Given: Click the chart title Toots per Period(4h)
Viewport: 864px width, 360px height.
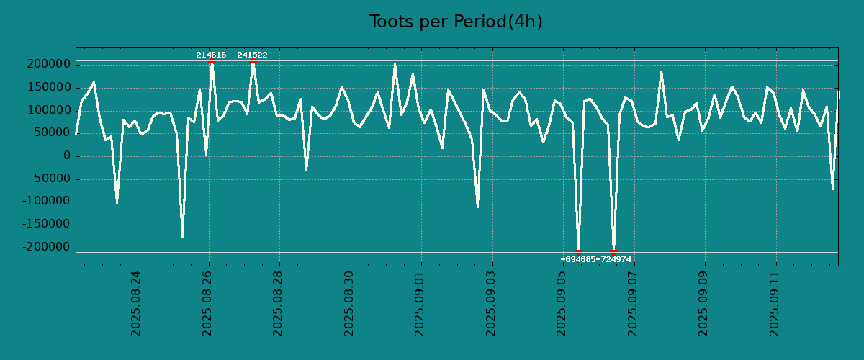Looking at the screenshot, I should [x=456, y=22].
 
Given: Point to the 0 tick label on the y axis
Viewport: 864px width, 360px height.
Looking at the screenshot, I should [x=67, y=156].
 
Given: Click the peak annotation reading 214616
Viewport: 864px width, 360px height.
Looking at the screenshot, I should [x=211, y=55].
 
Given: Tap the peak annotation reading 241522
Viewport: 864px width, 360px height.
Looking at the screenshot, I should [x=252, y=55].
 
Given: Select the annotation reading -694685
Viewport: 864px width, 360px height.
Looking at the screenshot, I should [x=578, y=259].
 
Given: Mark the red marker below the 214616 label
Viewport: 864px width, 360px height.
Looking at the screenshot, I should [x=212, y=61].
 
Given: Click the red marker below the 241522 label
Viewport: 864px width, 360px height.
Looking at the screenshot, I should [x=253, y=61].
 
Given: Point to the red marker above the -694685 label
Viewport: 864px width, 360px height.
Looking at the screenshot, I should [x=578, y=252].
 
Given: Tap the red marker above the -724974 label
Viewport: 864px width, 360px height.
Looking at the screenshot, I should [x=613, y=252].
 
